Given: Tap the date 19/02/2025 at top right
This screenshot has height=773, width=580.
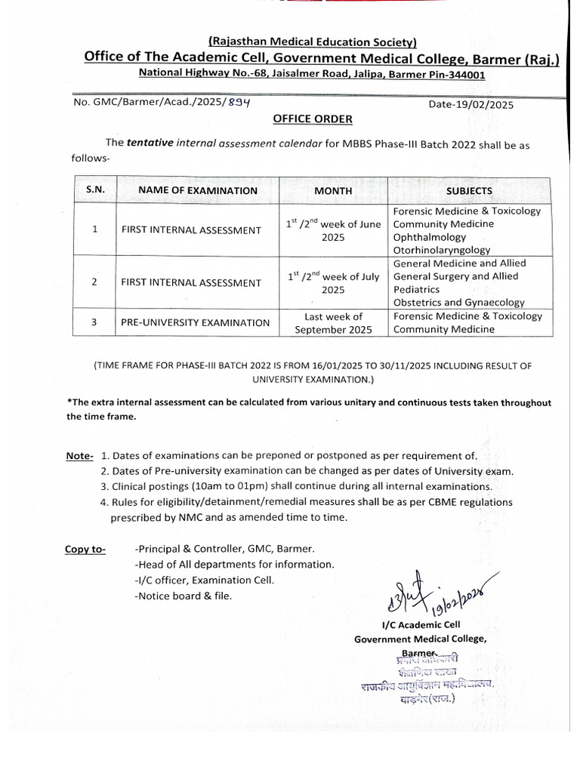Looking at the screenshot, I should (470, 105).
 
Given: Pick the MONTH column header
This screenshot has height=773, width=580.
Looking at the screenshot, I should (333, 191).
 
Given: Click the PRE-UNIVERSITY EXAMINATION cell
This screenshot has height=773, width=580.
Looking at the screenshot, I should (195, 322).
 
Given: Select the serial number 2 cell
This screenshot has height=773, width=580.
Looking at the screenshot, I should (94, 282).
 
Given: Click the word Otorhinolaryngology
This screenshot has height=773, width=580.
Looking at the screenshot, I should (442, 250).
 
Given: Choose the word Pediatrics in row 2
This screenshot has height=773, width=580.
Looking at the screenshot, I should (417, 289).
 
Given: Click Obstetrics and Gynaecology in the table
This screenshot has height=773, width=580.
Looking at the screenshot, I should (458, 302).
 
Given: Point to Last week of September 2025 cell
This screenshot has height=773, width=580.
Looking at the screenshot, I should (333, 322).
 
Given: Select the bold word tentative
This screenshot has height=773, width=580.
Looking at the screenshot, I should (150, 141).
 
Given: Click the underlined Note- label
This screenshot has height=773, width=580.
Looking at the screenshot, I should (79, 456).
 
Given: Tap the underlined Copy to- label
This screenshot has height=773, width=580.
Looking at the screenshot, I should (85, 549).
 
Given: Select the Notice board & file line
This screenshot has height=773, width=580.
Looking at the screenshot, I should (184, 596).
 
